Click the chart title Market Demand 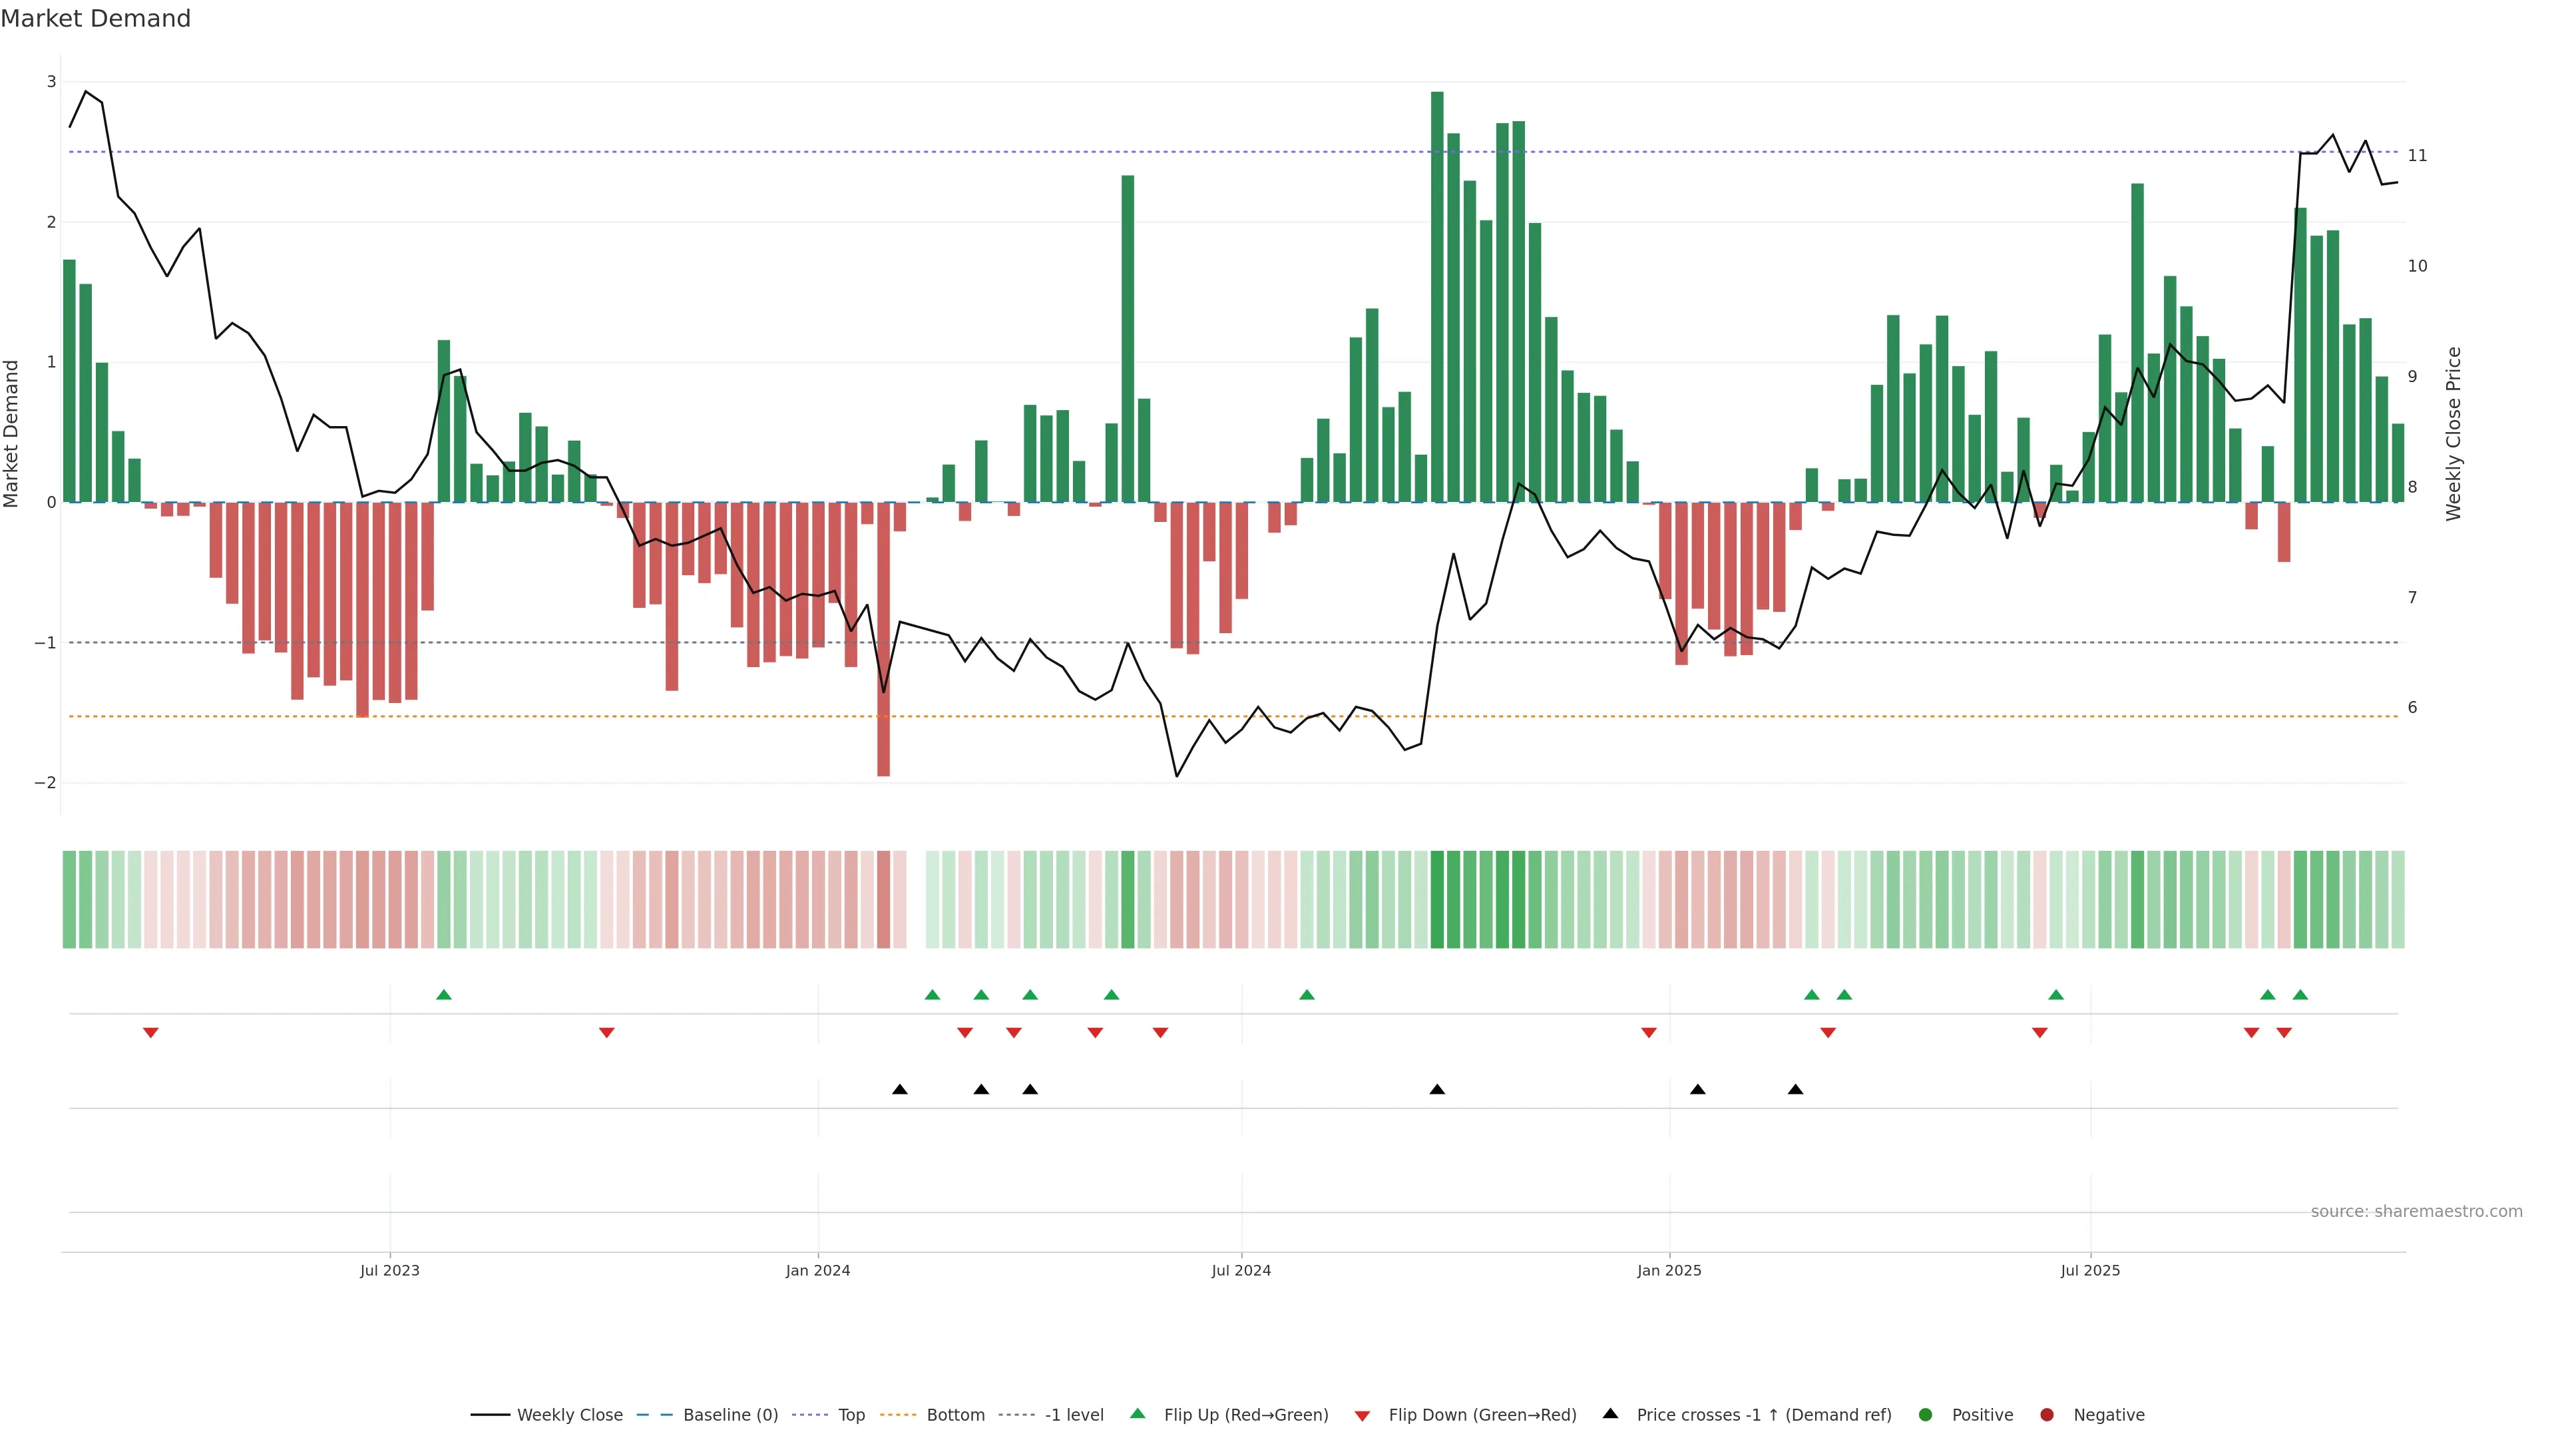95,19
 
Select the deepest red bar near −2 883,639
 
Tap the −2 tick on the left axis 46,783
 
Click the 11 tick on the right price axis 2417,156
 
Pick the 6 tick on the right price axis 2412,708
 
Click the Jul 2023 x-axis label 390,1270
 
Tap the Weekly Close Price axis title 2453,433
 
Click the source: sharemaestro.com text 2416,1212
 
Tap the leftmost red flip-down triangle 151,1033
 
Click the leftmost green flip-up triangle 443,995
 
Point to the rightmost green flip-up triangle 2300,995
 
